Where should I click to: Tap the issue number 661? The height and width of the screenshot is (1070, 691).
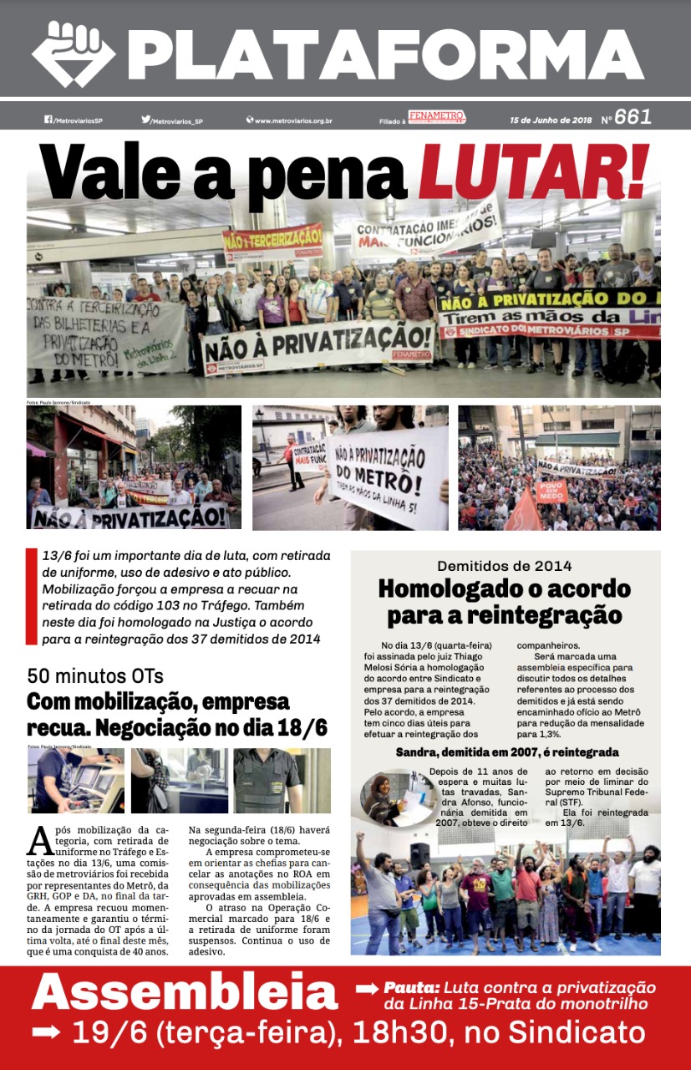coord(633,118)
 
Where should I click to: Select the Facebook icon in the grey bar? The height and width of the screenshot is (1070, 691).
coord(48,120)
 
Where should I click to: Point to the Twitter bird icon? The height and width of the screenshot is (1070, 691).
coord(145,120)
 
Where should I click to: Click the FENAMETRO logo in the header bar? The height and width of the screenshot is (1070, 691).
coord(436,117)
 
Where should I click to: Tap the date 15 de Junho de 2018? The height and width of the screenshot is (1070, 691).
coord(551,120)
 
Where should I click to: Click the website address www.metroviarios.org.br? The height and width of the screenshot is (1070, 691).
coord(293,120)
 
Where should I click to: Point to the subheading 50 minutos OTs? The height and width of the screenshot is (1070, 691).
coord(95,675)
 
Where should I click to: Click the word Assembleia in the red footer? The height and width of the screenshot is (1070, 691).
coord(185,993)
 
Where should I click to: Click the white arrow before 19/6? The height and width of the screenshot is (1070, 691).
coord(46,1033)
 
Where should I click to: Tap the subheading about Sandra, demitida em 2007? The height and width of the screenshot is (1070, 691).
coord(506,752)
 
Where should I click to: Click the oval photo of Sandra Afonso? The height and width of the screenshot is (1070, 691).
coord(388,797)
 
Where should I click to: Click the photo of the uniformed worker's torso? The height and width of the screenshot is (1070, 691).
coord(267,781)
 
